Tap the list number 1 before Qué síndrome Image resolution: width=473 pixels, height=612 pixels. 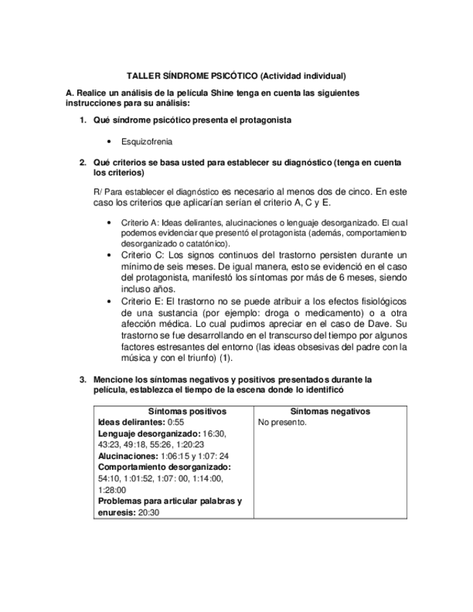click(x=82, y=120)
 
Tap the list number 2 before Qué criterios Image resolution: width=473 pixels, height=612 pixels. click(x=82, y=163)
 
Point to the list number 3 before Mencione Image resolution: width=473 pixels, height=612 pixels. click(x=82, y=379)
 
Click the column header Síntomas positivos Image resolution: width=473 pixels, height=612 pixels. click(x=173, y=411)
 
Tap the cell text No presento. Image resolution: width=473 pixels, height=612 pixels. click(x=282, y=422)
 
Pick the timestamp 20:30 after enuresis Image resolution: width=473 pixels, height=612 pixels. click(x=149, y=512)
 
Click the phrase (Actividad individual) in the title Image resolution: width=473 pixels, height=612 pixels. click(x=303, y=75)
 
